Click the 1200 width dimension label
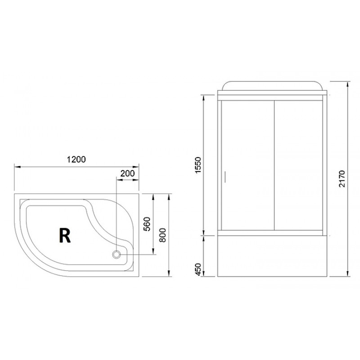pos(76,159)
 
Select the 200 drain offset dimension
pos(127,173)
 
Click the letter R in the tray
pos(65,234)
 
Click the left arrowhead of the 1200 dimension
pos(17,167)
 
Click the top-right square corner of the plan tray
pos(139,194)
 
